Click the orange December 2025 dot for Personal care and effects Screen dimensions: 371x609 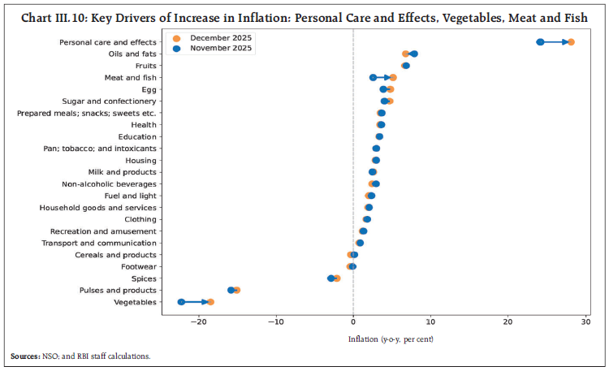pos(571,42)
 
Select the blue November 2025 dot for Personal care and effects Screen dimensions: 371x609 pos(540,42)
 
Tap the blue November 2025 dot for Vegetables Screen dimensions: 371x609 pos(181,302)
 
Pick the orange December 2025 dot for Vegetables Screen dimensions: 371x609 pos(210,302)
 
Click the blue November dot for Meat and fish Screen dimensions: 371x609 pos(373,78)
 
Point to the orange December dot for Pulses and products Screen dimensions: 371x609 pos(236,290)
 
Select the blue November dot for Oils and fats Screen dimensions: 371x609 pos(414,54)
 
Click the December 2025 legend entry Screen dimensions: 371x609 pos(215,37)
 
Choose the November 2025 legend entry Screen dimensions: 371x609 pos(215,49)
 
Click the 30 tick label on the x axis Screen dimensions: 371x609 pos(585,321)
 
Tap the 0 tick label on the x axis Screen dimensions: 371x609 pos(353,321)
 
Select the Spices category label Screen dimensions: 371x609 pos(143,278)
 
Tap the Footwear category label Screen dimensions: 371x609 pos(139,266)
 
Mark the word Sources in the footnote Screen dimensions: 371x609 pos(25,356)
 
